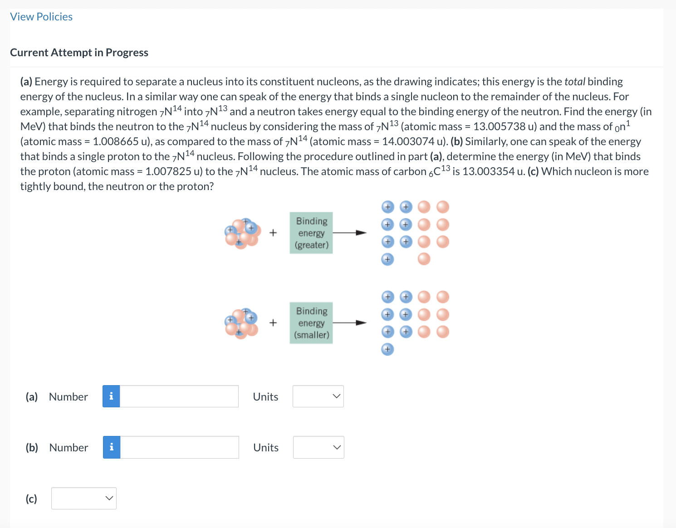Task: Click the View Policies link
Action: (x=41, y=17)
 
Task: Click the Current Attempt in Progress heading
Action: (x=79, y=53)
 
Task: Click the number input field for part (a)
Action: (x=179, y=396)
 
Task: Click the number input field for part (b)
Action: (x=180, y=447)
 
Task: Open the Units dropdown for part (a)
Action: (x=318, y=396)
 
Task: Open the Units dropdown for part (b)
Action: (x=318, y=447)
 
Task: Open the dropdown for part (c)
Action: (x=83, y=498)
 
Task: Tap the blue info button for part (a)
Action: (x=111, y=396)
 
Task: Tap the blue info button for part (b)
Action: (x=112, y=447)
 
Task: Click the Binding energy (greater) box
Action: (x=311, y=233)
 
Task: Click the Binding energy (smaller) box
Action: (x=311, y=323)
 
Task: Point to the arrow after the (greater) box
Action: (x=350, y=233)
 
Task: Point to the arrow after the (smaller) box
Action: (x=350, y=323)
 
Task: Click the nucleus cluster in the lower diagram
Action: (x=242, y=323)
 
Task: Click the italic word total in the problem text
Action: (x=575, y=82)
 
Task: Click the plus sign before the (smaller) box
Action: (x=273, y=323)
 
